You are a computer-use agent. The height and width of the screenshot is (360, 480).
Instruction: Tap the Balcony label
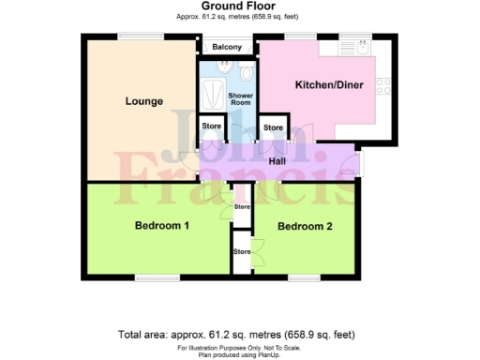227,48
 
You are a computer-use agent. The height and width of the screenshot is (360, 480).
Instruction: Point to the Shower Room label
241,100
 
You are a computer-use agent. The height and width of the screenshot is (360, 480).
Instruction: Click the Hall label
277,161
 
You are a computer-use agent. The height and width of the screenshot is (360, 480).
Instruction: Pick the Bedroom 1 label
161,226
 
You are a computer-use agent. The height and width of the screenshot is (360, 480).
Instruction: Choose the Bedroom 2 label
304,226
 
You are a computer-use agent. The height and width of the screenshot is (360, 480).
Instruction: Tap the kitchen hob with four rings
382,85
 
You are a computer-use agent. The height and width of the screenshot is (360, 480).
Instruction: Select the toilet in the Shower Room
247,72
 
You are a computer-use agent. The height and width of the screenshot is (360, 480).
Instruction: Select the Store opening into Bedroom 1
242,206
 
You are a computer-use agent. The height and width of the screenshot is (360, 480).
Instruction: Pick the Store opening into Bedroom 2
242,251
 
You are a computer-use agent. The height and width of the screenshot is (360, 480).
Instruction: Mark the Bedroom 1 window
150,277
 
